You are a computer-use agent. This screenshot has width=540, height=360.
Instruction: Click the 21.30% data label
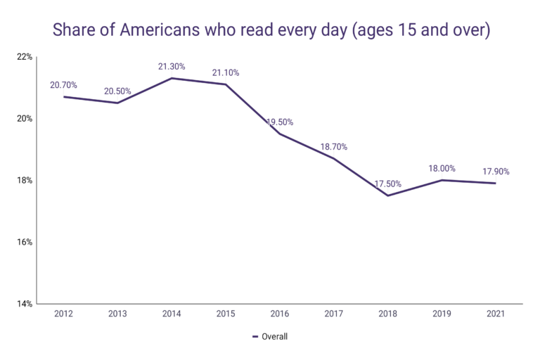pos(172,67)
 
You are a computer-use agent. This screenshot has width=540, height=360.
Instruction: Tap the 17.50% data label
pos(388,184)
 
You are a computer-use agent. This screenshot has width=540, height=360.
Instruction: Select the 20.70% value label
pos(63,85)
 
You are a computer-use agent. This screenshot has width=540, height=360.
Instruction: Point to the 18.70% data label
pos(334,147)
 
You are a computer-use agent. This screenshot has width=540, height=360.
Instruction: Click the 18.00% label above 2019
pos(442,169)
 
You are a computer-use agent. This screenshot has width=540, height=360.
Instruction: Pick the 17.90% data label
pos(496,172)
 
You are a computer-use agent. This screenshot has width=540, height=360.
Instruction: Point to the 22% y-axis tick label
pos(24,56)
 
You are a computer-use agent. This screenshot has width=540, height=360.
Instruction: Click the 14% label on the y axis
pos(24,304)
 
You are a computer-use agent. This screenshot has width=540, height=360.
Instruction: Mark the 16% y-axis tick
pos(24,242)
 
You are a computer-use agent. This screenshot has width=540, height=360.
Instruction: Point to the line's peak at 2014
pos(172,78)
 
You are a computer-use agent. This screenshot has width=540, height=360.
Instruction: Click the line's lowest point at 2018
pos(388,195)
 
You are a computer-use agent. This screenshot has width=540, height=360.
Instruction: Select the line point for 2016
pos(280,134)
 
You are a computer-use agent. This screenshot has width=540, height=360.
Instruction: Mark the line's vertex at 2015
pos(226,84)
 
